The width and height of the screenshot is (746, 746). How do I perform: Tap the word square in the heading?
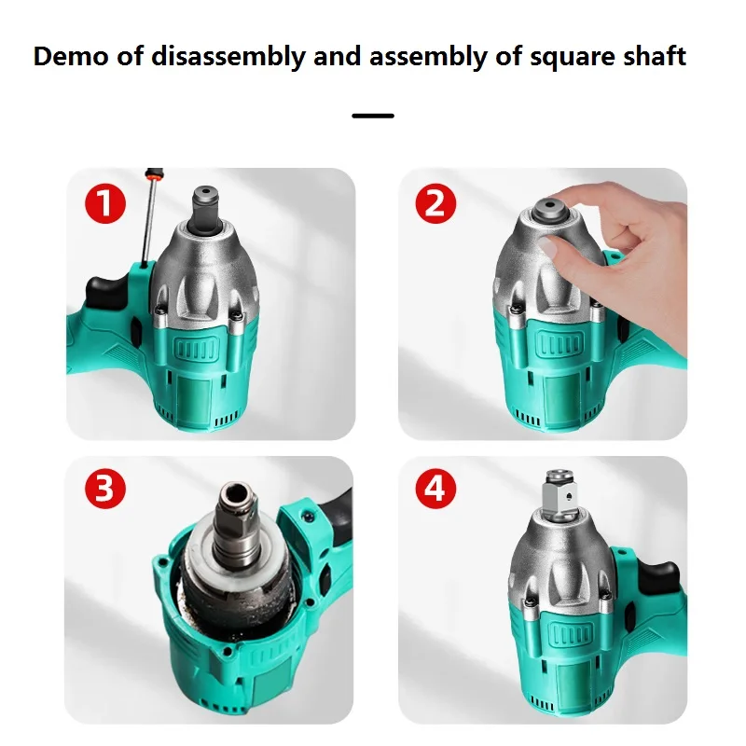pyautogui.click(x=567, y=58)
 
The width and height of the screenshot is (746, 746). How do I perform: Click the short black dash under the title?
pyautogui.click(x=373, y=116)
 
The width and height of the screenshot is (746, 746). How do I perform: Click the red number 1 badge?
pyautogui.click(x=105, y=202)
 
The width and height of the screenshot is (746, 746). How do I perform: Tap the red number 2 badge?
pyautogui.click(x=435, y=202)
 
